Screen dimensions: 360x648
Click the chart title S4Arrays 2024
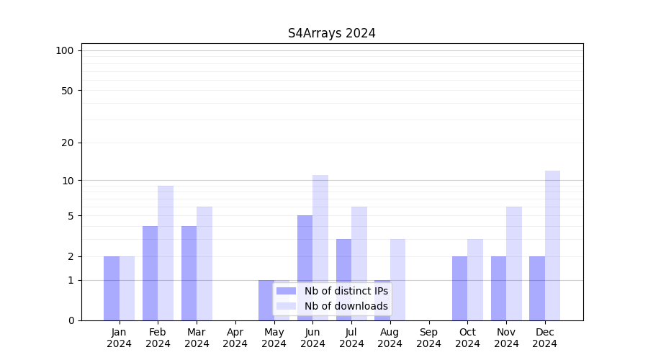tap(331, 33)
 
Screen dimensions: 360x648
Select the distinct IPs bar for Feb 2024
tap(150, 273)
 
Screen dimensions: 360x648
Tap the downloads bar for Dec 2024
tap(552, 246)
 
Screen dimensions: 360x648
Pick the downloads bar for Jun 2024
tap(320, 248)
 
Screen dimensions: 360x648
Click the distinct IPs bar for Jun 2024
tap(305, 268)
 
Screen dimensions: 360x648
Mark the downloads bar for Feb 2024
tap(166, 253)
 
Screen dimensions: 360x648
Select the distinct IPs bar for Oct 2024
tap(459, 288)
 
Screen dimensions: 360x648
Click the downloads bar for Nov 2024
tap(513, 264)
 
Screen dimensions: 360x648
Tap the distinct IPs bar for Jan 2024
tap(112, 288)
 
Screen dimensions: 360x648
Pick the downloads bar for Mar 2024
tap(204, 264)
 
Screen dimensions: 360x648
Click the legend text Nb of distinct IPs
tap(346, 291)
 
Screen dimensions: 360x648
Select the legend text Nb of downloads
tap(346, 306)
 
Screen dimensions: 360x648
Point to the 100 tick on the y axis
tap(65, 50)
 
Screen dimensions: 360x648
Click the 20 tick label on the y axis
tap(68, 143)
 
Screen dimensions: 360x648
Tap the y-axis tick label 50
tap(68, 91)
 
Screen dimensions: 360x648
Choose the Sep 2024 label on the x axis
tap(428, 338)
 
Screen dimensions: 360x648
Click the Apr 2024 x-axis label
tap(235, 338)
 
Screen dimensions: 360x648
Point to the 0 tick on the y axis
tap(71, 320)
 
